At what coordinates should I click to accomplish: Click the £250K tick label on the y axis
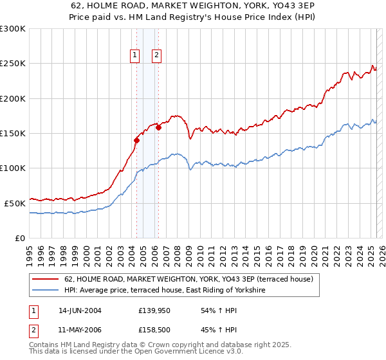click(13, 64)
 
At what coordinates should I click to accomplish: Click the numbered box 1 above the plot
click(135, 55)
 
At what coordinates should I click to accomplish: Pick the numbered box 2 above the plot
click(156, 55)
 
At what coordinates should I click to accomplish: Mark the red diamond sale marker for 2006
click(158, 127)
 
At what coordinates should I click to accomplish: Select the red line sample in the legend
click(46, 279)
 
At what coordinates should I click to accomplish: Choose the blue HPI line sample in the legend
click(46, 291)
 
